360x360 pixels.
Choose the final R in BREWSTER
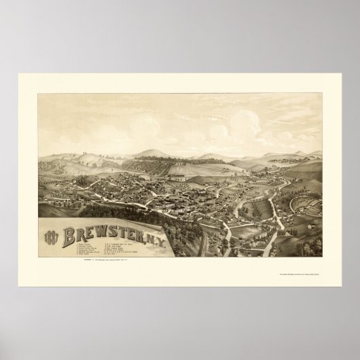145,236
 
